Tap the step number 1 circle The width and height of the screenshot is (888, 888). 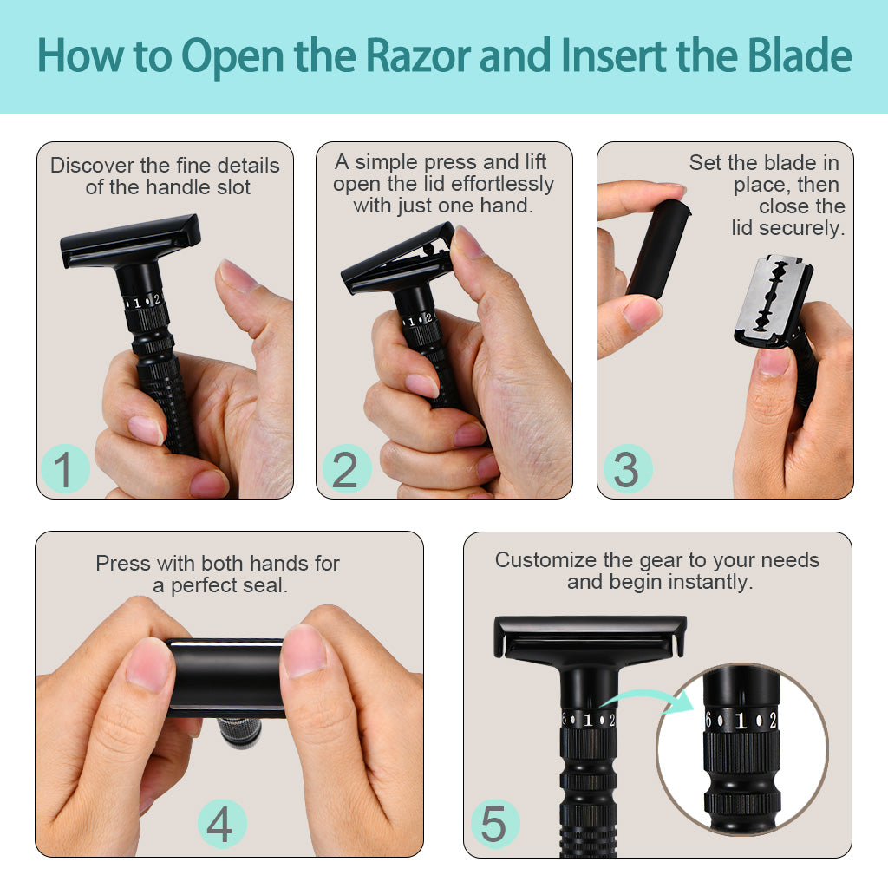[64, 468]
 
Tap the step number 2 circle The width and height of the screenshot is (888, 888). [346, 469]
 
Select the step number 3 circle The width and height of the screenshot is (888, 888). [626, 469]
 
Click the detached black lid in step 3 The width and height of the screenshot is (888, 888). [658, 248]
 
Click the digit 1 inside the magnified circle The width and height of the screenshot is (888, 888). [741, 720]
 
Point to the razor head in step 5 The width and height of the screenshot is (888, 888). [590, 638]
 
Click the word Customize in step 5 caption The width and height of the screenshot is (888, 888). [546, 560]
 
